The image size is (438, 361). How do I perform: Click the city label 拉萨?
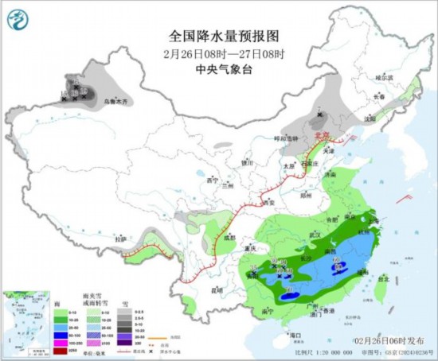click(x=120, y=238)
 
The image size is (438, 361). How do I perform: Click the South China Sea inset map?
click(x=24, y=314)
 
